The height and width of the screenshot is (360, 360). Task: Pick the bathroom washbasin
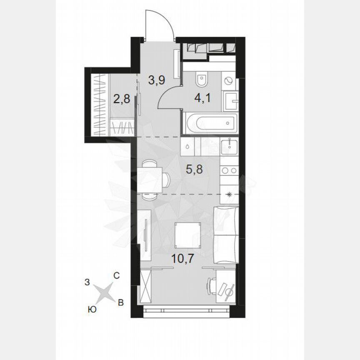[x=230, y=100]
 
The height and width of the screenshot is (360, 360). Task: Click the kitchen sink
[x=230, y=146]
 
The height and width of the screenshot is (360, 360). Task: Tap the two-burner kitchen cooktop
[x=229, y=170]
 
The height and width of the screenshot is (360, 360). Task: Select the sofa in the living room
[x=225, y=235]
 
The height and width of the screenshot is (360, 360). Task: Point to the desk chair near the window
[x=212, y=286]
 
